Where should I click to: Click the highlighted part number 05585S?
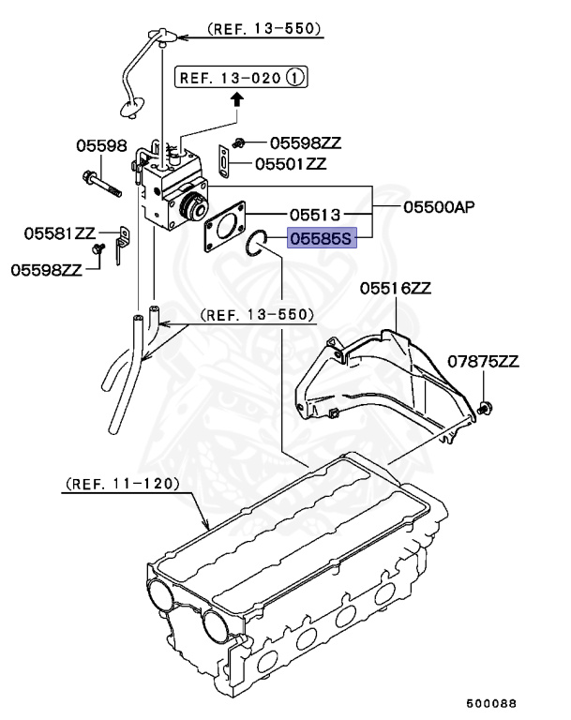pos(322,239)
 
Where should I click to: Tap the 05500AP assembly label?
pos(439,207)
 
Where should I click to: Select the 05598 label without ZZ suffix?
pos(101,145)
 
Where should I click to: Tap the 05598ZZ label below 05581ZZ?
pos(47,269)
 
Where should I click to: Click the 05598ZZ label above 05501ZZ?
pos(306,142)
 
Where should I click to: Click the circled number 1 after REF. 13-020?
pos(296,78)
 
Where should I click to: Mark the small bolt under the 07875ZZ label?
pos(485,407)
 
